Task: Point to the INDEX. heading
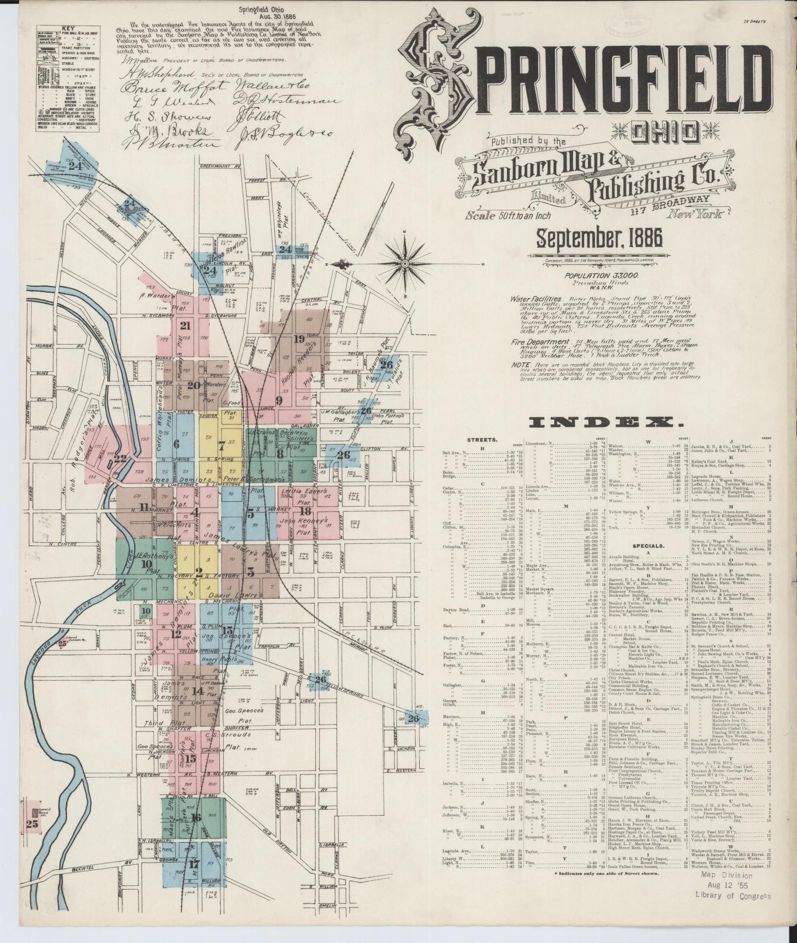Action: tap(604, 422)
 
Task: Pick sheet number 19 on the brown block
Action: tap(299, 339)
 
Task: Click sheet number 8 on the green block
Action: tap(280, 454)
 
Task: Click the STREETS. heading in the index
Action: tap(478, 440)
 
